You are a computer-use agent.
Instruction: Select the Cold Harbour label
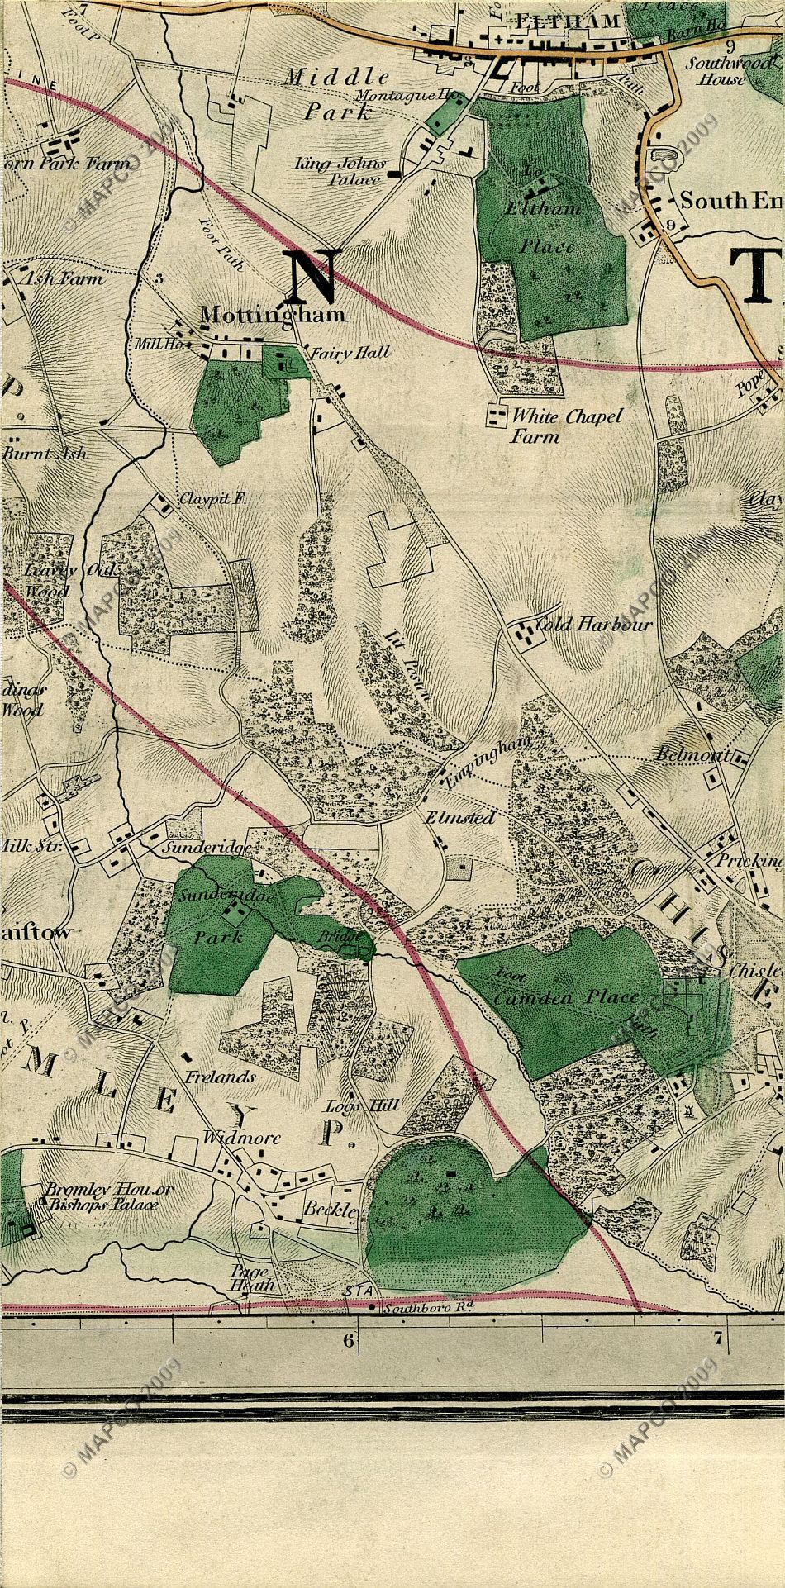[594, 625]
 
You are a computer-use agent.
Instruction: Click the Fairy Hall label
[350, 353]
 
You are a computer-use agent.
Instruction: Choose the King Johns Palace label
[339, 172]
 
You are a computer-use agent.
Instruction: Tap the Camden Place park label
[555, 997]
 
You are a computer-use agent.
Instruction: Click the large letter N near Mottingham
[312, 277]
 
